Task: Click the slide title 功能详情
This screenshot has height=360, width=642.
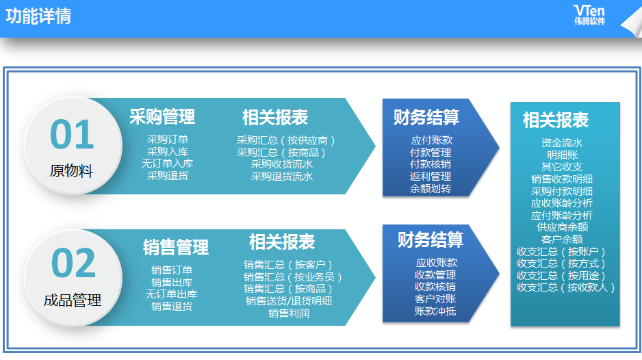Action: tap(38, 16)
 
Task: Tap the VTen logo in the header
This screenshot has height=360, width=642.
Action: tap(589, 15)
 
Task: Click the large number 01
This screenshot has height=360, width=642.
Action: tap(72, 134)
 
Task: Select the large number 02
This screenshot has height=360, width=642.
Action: tap(74, 263)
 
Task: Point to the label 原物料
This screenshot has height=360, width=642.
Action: tap(71, 170)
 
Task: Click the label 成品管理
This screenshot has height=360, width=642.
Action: tap(73, 300)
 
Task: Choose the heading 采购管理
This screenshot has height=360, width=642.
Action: tap(162, 116)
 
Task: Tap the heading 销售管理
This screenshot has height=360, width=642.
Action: tap(176, 247)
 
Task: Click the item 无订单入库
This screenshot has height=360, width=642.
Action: tap(168, 164)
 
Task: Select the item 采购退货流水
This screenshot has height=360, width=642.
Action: tap(282, 176)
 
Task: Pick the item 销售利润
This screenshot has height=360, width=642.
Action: tap(289, 313)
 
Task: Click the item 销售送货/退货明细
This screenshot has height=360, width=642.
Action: tap(289, 301)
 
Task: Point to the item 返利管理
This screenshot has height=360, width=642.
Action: tap(431, 176)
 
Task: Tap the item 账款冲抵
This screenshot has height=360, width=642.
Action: tap(435, 311)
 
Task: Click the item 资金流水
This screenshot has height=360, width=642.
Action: tap(562, 143)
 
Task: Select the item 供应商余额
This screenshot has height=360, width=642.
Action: tap(562, 227)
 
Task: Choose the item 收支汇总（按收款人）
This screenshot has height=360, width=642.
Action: tap(565, 287)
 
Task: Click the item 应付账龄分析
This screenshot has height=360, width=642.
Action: tap(562, 215)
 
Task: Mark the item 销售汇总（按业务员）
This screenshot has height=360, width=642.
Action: tap(292, 277)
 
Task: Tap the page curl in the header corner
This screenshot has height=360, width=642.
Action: tap(632, 23)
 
